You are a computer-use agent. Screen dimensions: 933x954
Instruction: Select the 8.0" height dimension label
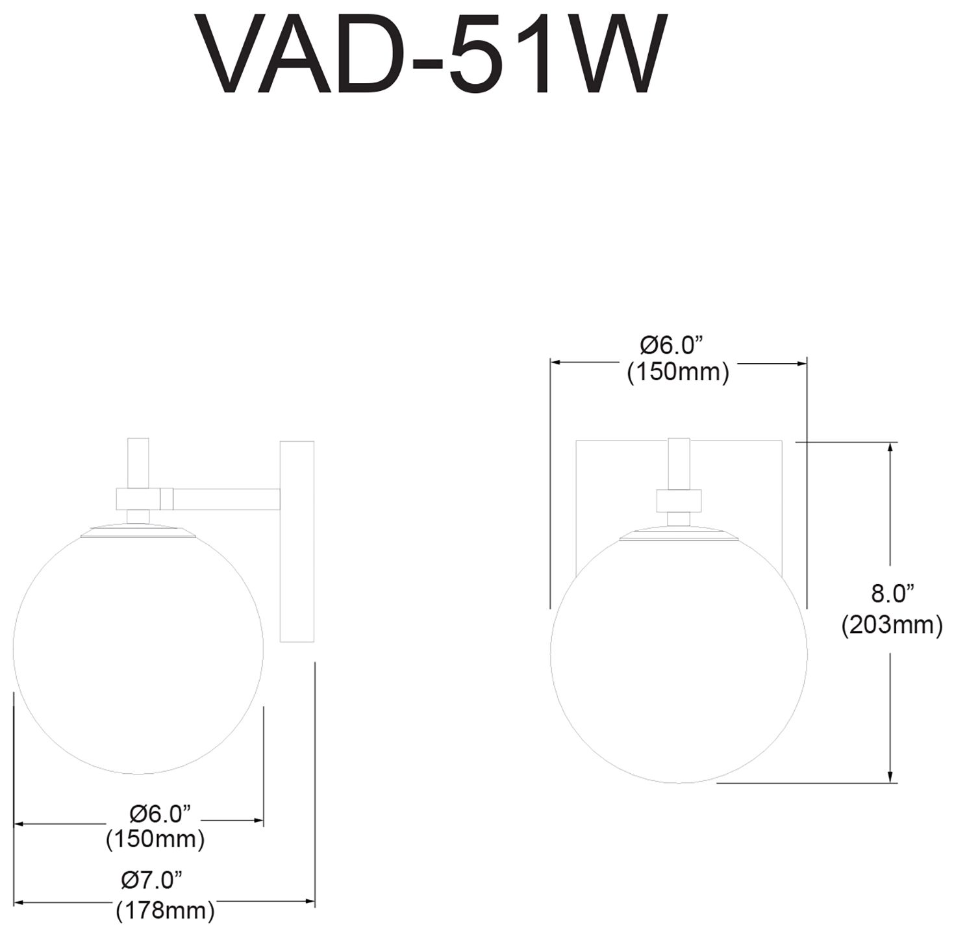892,593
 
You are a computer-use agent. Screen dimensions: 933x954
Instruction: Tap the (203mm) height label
892,625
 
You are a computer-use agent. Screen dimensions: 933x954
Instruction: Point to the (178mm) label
165,911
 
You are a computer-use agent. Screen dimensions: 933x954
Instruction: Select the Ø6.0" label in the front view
672,344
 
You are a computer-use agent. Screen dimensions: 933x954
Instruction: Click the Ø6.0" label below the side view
160,812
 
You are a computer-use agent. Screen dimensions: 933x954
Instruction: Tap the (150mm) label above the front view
678,372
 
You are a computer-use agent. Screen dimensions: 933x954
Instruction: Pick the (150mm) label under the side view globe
155,839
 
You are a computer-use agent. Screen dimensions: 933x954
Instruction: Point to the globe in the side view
138,650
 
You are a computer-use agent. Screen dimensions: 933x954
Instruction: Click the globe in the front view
679,656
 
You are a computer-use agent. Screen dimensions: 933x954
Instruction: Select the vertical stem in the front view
679,463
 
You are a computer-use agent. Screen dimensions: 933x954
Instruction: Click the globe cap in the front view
679,534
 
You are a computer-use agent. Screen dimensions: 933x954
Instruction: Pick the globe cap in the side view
138,531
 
